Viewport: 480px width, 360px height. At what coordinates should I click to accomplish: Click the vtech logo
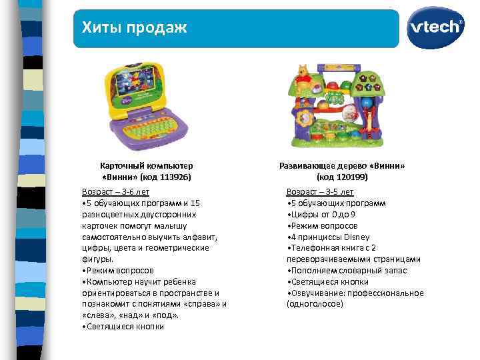click(437, 27)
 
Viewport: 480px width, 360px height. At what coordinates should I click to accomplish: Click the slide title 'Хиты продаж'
click(134, 27)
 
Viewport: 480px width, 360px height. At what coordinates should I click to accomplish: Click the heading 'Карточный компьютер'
click(146, 165)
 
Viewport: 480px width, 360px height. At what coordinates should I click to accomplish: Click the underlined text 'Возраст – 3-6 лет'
click(115, 191)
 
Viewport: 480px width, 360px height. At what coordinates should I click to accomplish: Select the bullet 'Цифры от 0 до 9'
click(322, 214)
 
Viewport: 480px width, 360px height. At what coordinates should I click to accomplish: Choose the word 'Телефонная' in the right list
click(311, 248)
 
